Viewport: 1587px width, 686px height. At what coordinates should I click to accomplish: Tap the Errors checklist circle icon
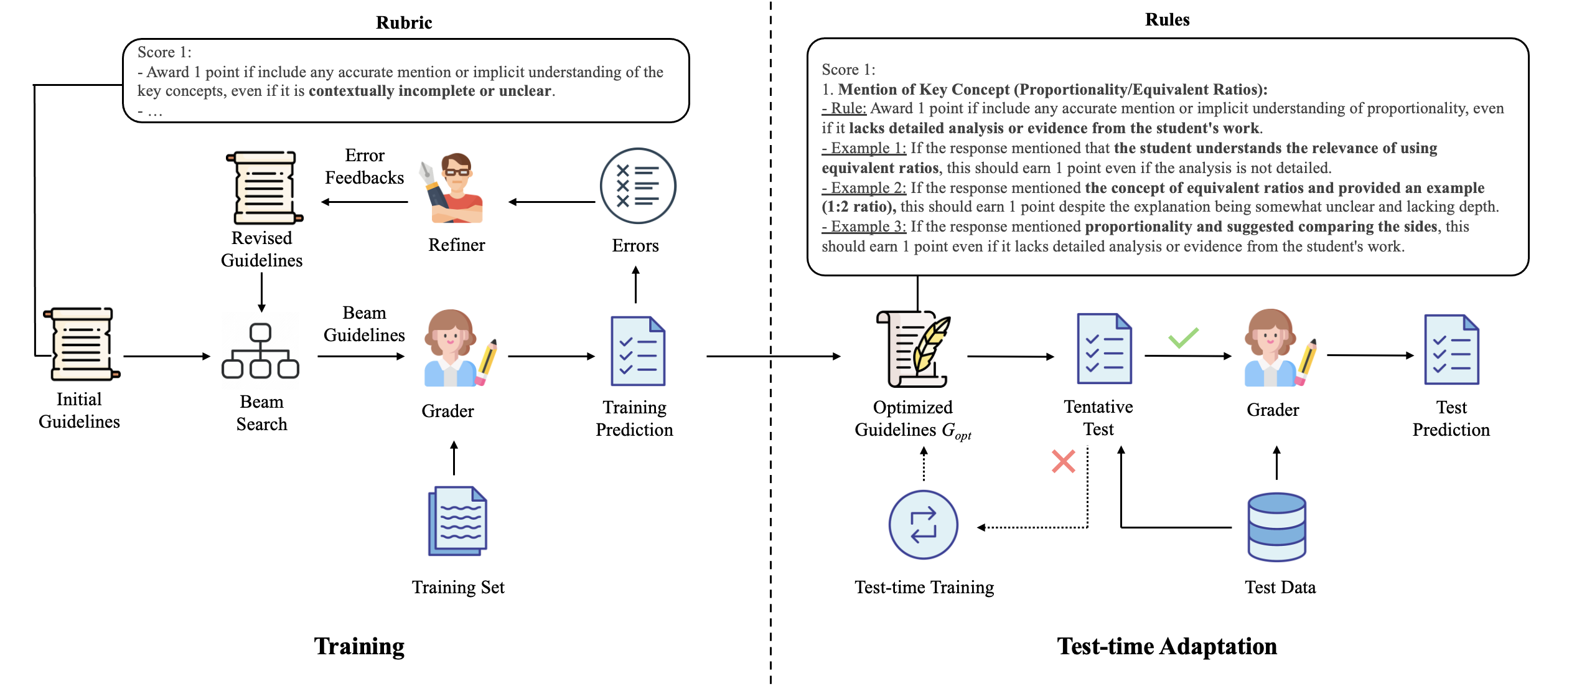[637, 186]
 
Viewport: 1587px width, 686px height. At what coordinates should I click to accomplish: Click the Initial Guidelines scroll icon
[81, 344]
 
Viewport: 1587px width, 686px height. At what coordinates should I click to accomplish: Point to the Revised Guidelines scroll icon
[264, 187]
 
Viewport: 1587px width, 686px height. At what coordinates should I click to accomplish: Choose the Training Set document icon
[457, 521]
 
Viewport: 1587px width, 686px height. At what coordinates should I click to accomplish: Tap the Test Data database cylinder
[1276, 527]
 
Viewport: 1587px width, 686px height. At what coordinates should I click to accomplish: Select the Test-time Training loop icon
[923, 524]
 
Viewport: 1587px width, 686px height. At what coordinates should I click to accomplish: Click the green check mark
[1182, 337]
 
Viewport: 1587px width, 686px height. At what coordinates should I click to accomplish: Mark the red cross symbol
[1063, 461]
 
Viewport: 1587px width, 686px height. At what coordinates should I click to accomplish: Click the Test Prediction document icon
[1451, 349]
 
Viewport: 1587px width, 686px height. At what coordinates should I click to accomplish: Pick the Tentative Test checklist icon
[1104, 348]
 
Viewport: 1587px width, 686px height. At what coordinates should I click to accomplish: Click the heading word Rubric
[404, 22]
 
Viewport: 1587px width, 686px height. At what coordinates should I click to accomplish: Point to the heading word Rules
[1167, 19]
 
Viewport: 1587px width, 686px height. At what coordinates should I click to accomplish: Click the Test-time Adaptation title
[1166, 646]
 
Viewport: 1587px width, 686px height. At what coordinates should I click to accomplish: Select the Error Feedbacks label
[364, 167]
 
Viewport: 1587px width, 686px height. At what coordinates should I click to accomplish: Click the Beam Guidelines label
[364, 324]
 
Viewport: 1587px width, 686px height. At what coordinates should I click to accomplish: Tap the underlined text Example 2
[864, 188]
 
